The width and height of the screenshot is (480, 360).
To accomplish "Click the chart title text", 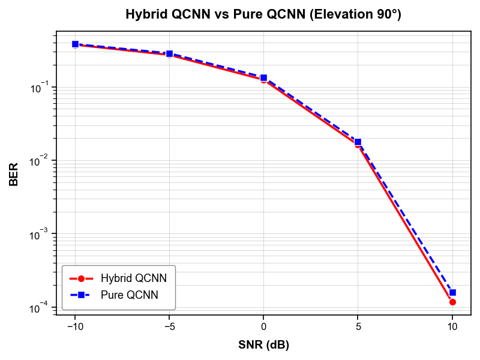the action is click(x=263, y=14).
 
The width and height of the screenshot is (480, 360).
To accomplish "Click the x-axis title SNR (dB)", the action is click(x=263, y=344).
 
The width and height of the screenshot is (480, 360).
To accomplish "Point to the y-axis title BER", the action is click(x=13, y=174).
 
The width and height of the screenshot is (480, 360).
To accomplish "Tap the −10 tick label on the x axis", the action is click(x=75, y=326).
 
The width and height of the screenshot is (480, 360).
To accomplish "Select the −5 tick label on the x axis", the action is click(x=169, y=326).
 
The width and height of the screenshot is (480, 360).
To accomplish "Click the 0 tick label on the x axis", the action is click(x=263, y=326).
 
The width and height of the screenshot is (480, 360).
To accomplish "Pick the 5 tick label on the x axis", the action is click(x=358, y=326).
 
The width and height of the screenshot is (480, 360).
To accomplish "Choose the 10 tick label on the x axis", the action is click(x=452, y=326).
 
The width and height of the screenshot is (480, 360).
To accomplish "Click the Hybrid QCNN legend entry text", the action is click(x=134, y=278).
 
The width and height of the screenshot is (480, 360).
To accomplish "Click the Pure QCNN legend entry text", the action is click(x=130, y=295).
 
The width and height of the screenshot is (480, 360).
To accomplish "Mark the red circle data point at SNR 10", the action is click(x=452, y=302).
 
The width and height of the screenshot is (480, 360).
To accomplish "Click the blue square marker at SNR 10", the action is click(x=452, y=293).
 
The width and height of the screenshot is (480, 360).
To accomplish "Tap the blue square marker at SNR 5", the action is click(x=358, y=142).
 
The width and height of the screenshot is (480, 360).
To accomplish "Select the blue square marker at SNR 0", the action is click(x=263, y=78).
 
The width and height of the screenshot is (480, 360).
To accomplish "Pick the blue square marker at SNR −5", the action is click(x=169, y=54).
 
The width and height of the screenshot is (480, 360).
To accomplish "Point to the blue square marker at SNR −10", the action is click(x=76, y=44).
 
